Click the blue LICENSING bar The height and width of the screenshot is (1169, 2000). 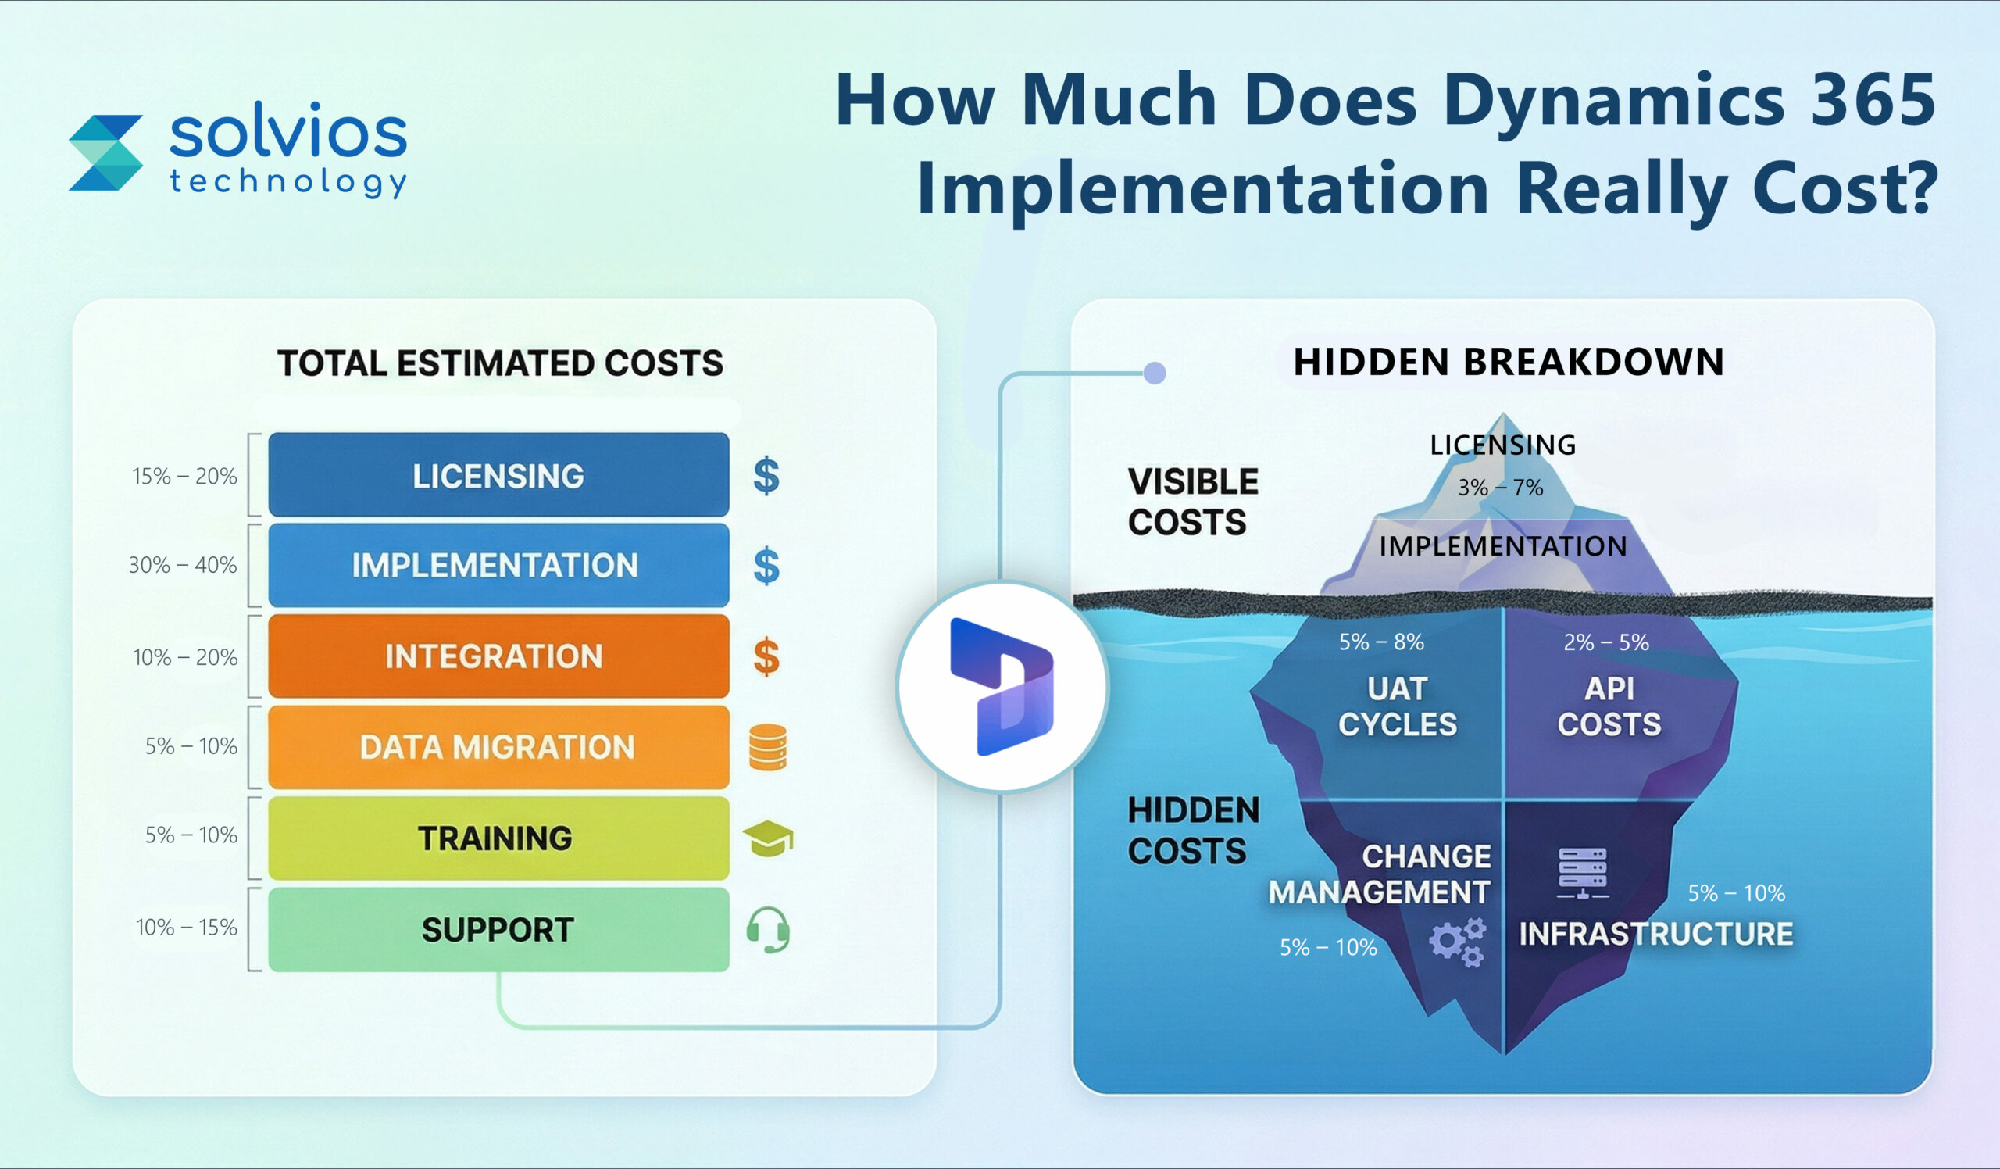[498, 474]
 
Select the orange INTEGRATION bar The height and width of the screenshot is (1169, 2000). [498, 656]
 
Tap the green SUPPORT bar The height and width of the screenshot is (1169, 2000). [498, 929]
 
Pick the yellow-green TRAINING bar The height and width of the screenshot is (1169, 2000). [498, 838]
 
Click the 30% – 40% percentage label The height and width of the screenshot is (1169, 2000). [183, 565]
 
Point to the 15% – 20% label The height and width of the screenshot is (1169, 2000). [184, 476]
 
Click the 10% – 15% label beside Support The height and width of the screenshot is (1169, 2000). [187, 927]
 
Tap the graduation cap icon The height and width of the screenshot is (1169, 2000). [767, 838]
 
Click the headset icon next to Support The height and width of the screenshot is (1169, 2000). [767, 928]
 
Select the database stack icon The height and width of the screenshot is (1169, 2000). [767, 748]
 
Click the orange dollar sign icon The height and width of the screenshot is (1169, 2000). [766, 657]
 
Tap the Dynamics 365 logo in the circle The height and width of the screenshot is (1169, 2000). [1002, 687]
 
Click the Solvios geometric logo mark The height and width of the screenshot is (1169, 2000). [105, 153]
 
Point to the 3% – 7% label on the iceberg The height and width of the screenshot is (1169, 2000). [1500, 488]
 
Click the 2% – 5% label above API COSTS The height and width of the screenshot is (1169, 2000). [1605, 642]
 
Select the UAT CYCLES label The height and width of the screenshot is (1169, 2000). [1397, 706]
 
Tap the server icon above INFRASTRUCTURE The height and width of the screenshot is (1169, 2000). [1583, 873]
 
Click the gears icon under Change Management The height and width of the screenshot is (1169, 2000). [1456, 942]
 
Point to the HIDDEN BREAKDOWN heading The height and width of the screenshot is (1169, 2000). [1508, 362]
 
